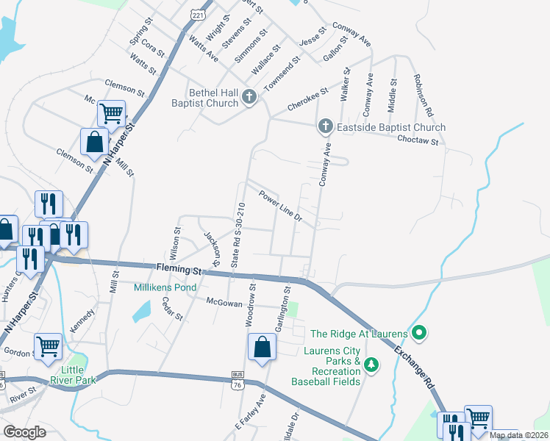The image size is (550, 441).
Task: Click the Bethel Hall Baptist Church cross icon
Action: [x=249, y=96]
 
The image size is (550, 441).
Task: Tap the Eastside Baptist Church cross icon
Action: [x=326, y=127]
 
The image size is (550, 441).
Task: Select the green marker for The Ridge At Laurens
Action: [x=419, y=334]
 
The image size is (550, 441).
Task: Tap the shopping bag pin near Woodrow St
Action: [x=262, y=347]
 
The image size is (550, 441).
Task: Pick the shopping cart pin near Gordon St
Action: [x=48, y=345]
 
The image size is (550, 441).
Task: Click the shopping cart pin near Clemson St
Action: [x=111, y=114]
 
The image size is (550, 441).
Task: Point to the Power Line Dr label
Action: [x=280, y=206]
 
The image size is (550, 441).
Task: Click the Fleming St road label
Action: [x=179, y=269]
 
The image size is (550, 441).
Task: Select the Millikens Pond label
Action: [x=165, y=287]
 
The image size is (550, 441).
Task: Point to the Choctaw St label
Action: [x=418, y=140]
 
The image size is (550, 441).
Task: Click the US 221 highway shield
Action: [x=196, y=13]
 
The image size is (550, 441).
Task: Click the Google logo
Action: [x=24, y=432]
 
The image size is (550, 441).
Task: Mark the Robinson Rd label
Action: [x=421, y=96]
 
